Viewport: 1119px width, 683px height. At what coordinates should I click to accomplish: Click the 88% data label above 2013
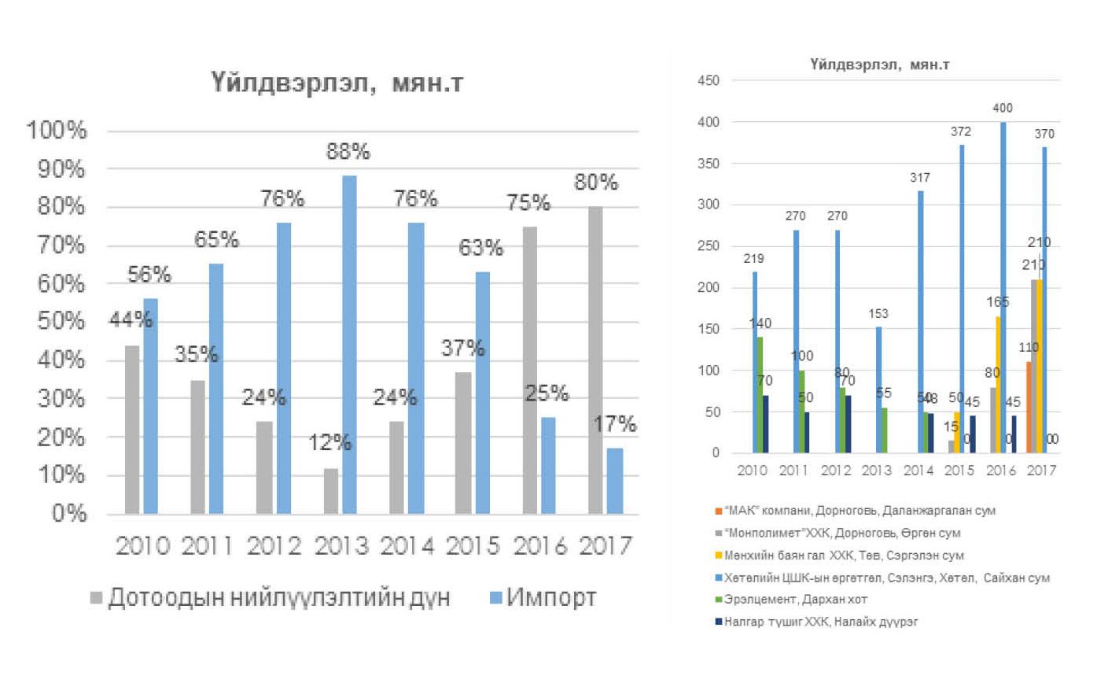point(348,151)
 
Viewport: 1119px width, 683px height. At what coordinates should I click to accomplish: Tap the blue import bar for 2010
point(150,406)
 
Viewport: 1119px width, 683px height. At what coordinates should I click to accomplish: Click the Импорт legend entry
point(542,598)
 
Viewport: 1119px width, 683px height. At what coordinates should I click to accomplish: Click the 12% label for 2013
point(329,442)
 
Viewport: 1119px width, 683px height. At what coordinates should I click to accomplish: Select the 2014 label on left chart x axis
point(407,545)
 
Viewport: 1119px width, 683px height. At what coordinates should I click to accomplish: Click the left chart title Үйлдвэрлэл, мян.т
point(337,83)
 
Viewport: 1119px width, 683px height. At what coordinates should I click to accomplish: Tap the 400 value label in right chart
point(1003,108)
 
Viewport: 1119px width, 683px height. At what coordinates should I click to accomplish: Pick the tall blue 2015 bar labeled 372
point(961,299)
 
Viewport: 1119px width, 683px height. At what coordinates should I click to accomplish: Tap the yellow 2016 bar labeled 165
point(998,385)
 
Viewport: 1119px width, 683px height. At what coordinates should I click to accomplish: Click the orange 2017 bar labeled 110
point(1029,408)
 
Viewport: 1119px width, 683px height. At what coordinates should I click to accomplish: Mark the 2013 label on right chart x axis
point(877,471)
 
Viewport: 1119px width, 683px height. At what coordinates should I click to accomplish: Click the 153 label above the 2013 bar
point(878,314)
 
